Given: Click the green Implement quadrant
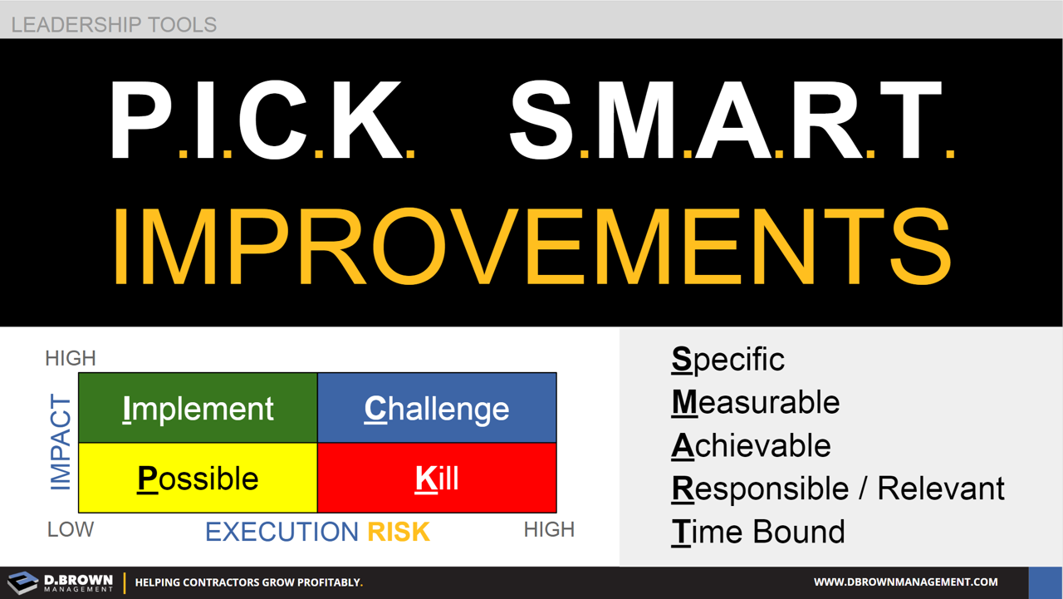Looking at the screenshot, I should (198, 408).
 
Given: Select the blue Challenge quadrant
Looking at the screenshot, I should (437, 408).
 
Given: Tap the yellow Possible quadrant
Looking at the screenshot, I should (198, 478).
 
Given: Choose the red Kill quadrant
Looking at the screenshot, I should (437, 478).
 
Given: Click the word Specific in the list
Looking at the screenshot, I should (727, 360).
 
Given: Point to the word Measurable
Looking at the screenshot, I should (755, 403).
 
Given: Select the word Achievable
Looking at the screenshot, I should (751, 446).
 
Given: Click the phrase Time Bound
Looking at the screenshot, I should (757, 532).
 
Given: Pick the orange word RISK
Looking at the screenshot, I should (399, 532).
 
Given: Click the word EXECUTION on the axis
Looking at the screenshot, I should (282, 532).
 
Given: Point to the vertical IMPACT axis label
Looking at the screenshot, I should (61, 443).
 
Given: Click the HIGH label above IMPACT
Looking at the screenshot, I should (71, 358).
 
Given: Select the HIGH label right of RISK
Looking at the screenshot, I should (549, 529).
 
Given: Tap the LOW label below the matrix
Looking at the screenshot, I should (71, 529).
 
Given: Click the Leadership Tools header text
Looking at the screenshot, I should (114, 24).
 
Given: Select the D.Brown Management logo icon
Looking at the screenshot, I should (22, 582).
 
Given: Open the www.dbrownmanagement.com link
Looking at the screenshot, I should (905, 582).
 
